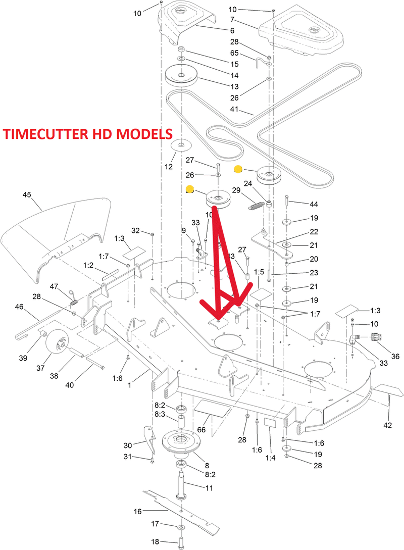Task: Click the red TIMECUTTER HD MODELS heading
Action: pyautogui.click(x=88, y=134)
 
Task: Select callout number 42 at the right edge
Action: pyautogui.click(x=387, y=425)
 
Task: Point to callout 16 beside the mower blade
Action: pyautogui.click(x=137, y=512)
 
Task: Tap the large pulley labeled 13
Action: pyautogui.click(x=181, y=77)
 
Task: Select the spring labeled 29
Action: pyautogui.click(x=257, y=205)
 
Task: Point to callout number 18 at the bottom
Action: pyautogui.click(x=156, y=541)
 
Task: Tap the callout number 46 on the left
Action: pyautogui.click(x=19, y=307)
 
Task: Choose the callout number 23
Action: pyautogui.click(x=300, y=273)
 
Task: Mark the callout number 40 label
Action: pyautogui.click(x=71, y=385)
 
